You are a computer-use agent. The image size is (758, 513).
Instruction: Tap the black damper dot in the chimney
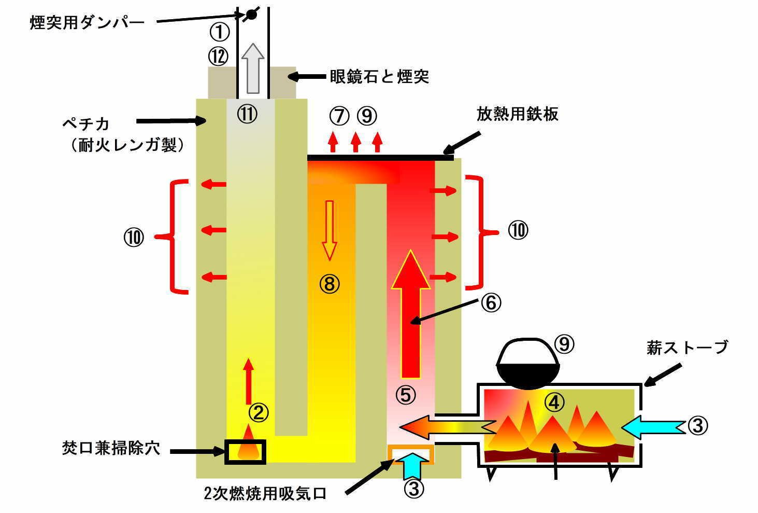(x=251, y=15)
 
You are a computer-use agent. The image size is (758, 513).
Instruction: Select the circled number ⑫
(x=219, y=56)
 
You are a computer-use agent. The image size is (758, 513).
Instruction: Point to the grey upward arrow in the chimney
(x=253, y=68)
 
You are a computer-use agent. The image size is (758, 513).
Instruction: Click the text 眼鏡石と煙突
(x=380, y=77)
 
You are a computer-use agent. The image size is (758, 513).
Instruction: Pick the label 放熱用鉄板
(x=517, y=114)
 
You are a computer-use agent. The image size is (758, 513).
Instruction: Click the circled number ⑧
(x=330, y=283)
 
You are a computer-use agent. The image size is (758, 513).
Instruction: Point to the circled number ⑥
(x=491, y=302)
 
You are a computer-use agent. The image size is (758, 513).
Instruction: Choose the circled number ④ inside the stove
(x=554, y=401)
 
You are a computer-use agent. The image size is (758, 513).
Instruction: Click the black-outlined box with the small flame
(x=245, y=451)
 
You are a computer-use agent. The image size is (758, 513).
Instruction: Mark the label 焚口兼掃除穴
(x=111, y=449)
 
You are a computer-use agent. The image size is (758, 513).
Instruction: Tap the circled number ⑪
(x=247, y=115)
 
